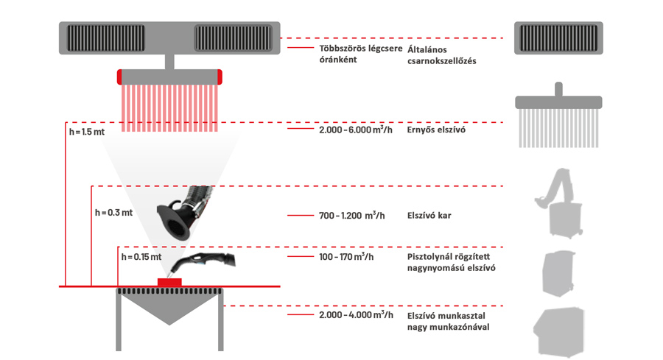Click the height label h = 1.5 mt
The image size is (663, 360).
[x=87, y=132]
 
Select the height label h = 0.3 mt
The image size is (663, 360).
[x=113, y=213]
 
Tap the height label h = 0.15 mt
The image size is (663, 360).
[x=141, y=257]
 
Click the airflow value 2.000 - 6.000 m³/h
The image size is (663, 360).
[x=356, y=130]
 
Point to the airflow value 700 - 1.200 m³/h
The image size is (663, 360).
[x=352, y=216]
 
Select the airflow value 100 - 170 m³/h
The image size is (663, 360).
[x=346, y=256]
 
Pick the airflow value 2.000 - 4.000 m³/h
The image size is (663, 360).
[x=356, y=315]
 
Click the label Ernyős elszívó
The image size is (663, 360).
[x=436, y=130]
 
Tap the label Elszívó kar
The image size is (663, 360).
[x=429, y=216]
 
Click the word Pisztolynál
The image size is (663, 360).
[x=427, y=256]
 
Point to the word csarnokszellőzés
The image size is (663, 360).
[x=442, y=61]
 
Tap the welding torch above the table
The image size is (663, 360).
[x=202, y=263]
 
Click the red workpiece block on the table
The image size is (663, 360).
[x=169, y=282]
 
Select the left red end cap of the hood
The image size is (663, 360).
[x=119, y=77]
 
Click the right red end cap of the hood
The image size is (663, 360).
[x=220, y=77]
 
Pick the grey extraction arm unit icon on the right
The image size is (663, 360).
[x=559, y=202]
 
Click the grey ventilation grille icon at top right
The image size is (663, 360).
[x=558, y=38]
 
